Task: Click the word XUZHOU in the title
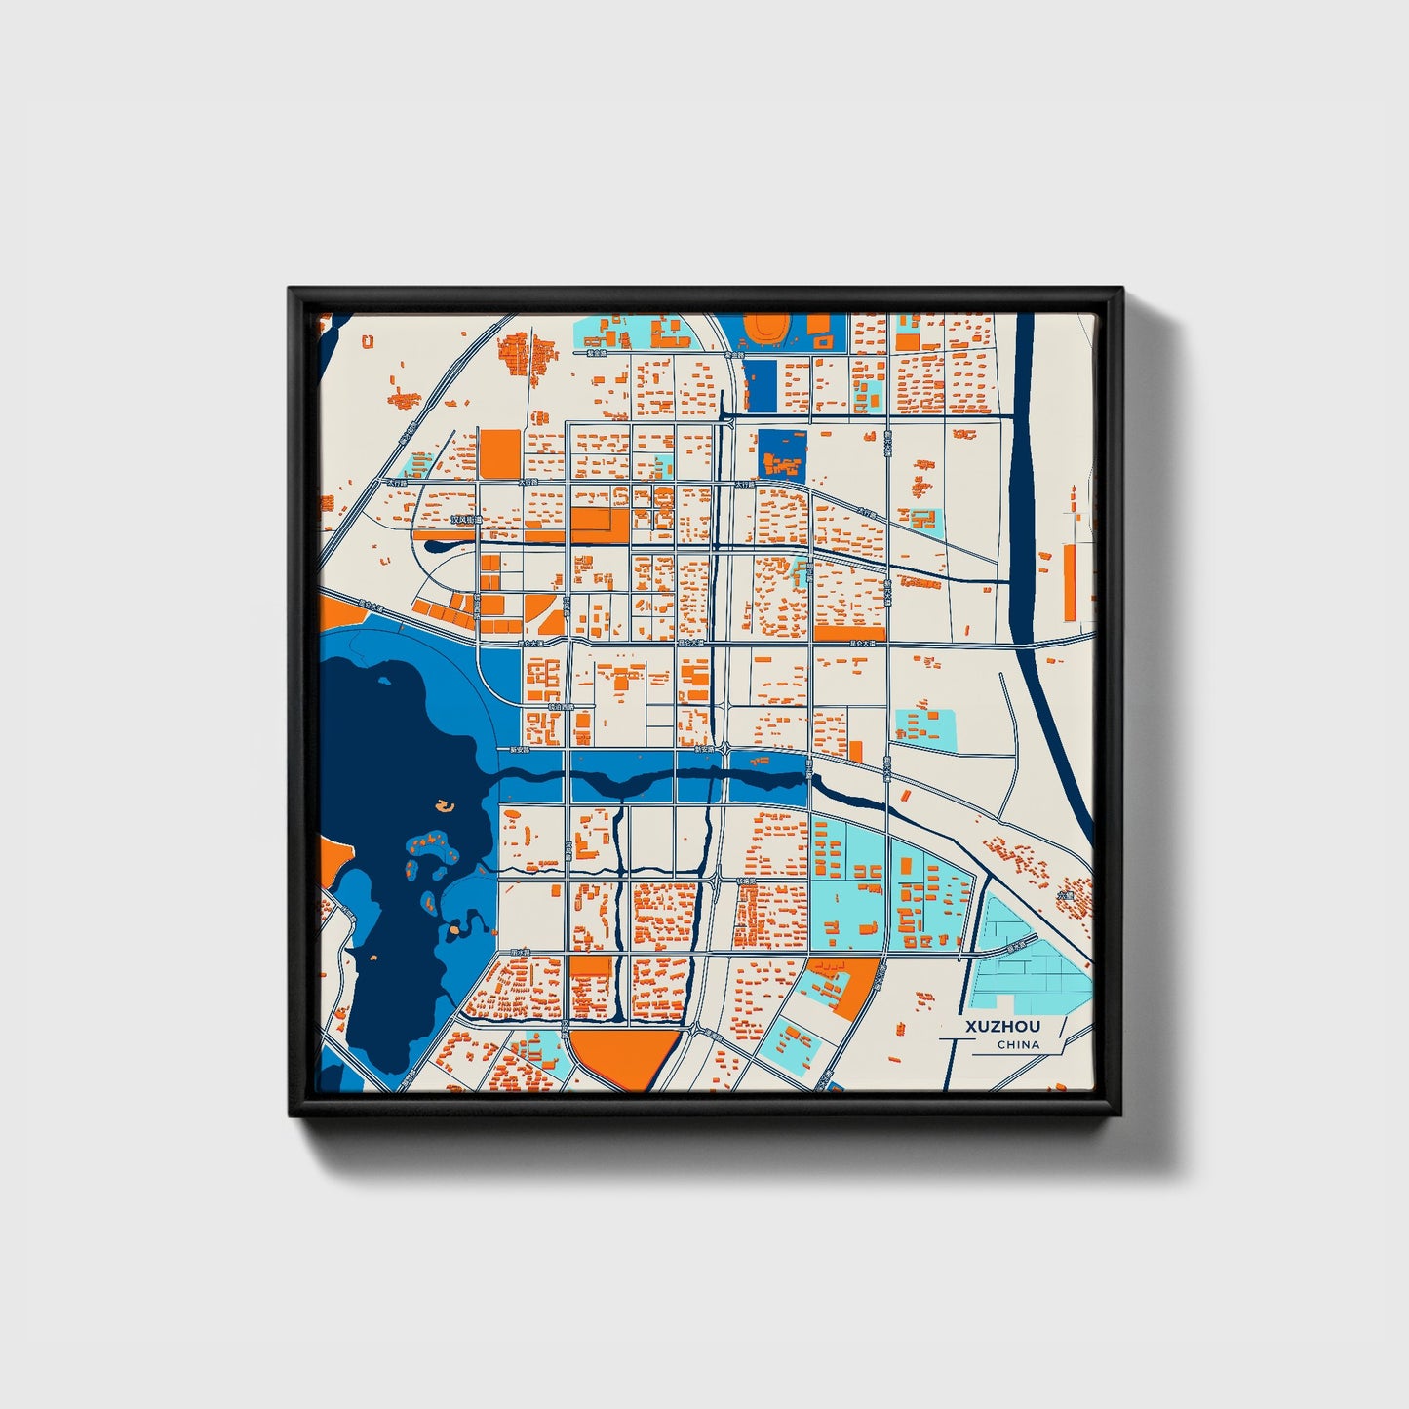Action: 1002,1027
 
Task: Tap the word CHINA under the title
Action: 1018,1045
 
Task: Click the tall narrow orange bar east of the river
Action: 1069,582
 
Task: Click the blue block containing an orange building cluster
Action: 782,455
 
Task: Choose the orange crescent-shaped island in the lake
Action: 445,805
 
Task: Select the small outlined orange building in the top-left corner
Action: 367,341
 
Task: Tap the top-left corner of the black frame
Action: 292,291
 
